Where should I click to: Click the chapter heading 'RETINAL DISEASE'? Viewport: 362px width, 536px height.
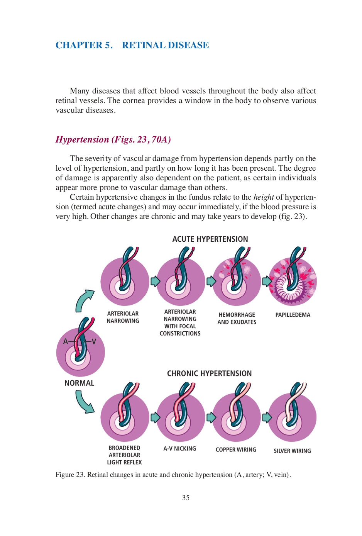pos(165,45)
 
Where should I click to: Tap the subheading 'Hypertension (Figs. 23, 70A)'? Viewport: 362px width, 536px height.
pos(113,139)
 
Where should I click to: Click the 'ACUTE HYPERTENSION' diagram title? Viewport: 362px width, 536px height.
pos(210,239)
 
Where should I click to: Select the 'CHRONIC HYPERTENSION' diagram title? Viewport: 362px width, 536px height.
pos(209,373)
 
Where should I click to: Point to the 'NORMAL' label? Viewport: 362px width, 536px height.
pos(79,383)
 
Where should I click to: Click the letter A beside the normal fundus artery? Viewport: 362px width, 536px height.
pos(66,341)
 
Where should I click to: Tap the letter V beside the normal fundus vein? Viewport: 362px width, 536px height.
pos(93,341)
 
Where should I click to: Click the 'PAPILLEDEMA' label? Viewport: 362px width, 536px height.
pos(293,315)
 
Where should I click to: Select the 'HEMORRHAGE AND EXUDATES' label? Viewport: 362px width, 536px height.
pos(237,318)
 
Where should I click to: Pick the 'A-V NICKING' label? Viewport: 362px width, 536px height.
pos(179,449)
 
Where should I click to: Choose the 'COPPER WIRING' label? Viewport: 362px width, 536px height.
pos(236,449)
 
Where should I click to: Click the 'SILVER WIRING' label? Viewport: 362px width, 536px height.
pos(292,451)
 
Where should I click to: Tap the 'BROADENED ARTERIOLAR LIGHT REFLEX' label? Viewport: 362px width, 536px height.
pos(124,455)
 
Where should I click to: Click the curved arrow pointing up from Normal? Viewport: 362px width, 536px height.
pos(84,300)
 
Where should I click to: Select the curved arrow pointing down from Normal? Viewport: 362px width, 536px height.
pos(84,402)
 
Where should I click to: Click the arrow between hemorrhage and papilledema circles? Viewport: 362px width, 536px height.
pos(267,281)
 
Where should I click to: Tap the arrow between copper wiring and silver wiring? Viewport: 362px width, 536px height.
pos(267,417)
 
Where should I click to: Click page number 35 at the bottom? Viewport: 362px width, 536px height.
pos(186,498)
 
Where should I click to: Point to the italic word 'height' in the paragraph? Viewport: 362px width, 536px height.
pos(264,197)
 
